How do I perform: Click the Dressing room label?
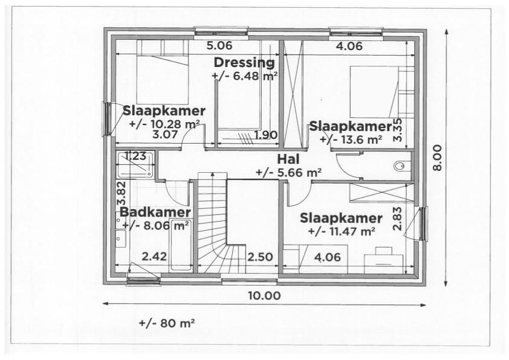pyautogui.click(x=244, y=63)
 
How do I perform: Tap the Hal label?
pyautogui.click(x=288, y=159)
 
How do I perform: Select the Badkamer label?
pyautogui.click(x=155, y=212)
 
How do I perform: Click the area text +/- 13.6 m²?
pyautogui.click(x=351, y=140)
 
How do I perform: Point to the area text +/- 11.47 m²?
pyautogui.click(x=342, y=231)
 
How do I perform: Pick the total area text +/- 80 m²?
pyautogui.click(x=167, y=323)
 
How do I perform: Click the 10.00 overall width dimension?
pyautogui.click(x=264, y=295)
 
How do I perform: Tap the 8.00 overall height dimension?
pyautogui.click(x=437, y=158)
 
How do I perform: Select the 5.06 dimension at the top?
pyautogui.click(x=219, y=46)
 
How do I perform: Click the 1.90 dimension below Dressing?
pyautogui.click(x=266, y=135)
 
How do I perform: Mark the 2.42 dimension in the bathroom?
pyautogui.click(x=154, y=257)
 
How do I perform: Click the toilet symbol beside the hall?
pyautogui.click(x=399, y=166)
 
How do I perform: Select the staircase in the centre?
pyautogui.click(x=212, y=223)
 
